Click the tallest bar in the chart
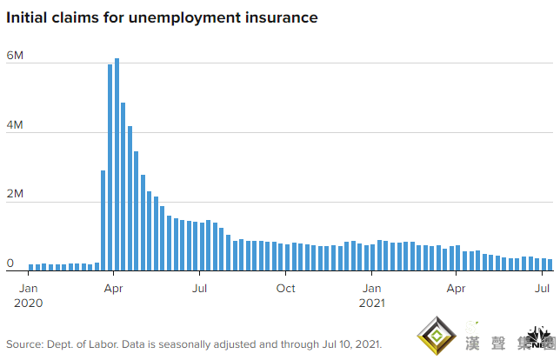pos(117,164)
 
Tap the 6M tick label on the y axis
pos(15,56)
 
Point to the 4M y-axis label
pos(15,125)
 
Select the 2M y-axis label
pos(15,195)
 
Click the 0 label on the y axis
pos(10,263)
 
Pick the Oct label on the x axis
pos(285,288)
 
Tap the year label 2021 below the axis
pos(371,303)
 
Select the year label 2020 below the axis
pos(29,303)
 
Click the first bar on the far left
pos(30,267)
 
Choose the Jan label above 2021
pos(371,288)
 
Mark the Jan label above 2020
pos(29,288)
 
